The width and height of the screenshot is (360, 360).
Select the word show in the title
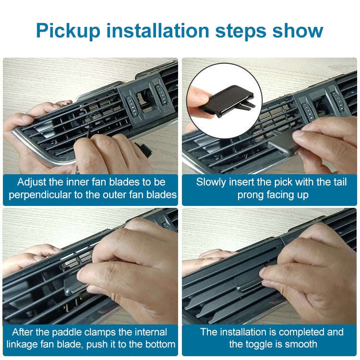coord(298,31)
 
